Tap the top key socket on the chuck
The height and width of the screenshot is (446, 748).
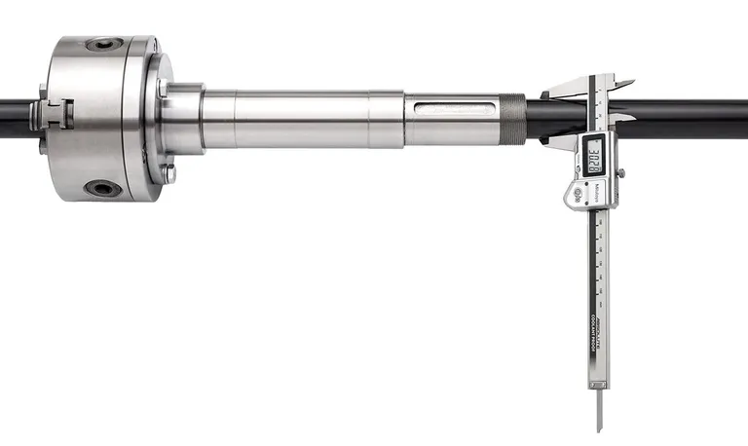click(x=104, y=44)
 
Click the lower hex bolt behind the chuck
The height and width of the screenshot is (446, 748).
click(x=168, y=175)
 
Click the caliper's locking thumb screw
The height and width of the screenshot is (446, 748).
click(x=620, y=172)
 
